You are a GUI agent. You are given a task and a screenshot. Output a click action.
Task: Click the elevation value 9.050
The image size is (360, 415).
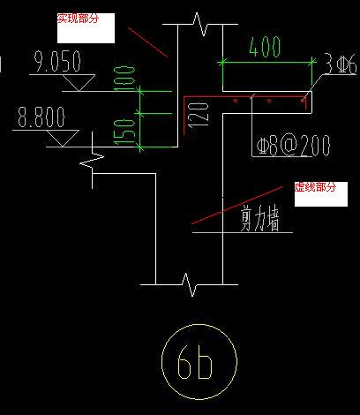click(57, 61)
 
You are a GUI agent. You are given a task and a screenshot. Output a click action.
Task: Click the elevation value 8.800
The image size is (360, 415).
click(41, 117)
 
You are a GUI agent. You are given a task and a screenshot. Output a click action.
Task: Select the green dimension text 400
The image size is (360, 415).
click(265, 46)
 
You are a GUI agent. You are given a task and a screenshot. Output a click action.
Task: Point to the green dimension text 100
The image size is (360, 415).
click(125, 79)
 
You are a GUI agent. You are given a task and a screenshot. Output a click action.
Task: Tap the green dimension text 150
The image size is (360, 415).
click(124, 132)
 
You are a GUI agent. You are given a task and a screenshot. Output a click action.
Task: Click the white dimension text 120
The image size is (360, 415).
click(199, 115)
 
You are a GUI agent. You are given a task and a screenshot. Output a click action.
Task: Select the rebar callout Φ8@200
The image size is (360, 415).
click(293, 145)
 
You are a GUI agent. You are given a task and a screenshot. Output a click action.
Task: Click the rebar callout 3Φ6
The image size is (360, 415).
click(341, 64)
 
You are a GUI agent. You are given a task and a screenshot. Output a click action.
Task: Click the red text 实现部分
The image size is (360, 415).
click(78, 19)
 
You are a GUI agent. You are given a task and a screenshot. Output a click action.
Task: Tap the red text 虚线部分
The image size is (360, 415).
click(315, 187)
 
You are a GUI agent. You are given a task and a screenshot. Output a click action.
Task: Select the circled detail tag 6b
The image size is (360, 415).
click(199, 362)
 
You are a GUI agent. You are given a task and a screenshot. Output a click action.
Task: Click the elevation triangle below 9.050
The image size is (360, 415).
click(79, 83)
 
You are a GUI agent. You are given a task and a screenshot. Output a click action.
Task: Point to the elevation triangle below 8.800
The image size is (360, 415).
click(63, 139)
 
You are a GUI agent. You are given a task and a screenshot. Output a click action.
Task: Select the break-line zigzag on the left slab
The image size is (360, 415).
click(93, 161)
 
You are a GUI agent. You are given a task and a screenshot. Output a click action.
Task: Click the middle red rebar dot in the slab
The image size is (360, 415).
click(269, 101)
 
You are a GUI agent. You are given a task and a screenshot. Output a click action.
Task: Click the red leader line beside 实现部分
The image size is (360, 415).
click(147, 42)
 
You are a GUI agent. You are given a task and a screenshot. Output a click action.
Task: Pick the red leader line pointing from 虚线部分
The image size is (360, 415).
click(237, 205)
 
